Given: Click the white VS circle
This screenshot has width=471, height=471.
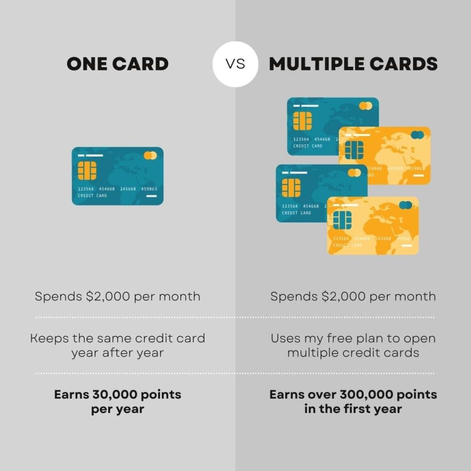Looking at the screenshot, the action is (235, 64).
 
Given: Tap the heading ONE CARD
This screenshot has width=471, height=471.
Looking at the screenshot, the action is (117, 64).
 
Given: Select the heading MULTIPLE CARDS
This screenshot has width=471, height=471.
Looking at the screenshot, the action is (353, 64).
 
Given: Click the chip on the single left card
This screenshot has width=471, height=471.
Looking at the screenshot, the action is (87, 171).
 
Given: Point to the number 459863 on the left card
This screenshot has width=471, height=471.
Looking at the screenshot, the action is (149, 189).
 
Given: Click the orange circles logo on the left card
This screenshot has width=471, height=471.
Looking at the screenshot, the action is (150, 155).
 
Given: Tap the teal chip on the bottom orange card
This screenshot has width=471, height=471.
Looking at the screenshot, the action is (342, 220).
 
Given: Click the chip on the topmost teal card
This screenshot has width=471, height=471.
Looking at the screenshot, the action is (303, 121).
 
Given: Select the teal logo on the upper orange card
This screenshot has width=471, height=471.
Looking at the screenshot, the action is (417, 135).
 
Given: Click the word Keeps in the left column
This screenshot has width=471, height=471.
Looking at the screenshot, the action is (50, 339).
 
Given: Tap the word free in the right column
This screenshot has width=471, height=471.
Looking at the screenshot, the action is (339, 338).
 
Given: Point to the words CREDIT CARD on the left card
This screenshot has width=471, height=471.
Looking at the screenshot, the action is (92, 195).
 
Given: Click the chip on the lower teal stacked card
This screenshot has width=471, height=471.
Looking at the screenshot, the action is (291, 188).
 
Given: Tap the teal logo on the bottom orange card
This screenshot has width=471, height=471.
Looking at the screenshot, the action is (406, 205).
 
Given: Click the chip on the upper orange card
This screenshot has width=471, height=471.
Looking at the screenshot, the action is (354, 150).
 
